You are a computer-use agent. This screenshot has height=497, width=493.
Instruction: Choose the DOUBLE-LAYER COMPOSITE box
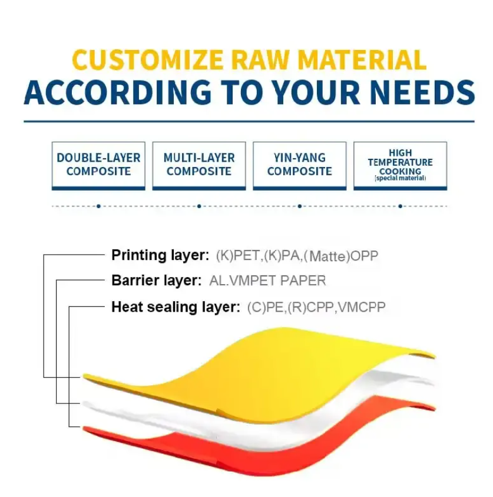[98, 165]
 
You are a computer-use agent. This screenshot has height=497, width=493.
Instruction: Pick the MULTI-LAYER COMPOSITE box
[199, 165]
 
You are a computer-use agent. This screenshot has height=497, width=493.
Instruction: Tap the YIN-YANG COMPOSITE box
[299, 165]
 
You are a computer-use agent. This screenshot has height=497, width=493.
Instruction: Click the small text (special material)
[400, 178]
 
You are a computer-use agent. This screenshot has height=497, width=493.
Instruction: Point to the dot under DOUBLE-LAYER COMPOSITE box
[98, 206]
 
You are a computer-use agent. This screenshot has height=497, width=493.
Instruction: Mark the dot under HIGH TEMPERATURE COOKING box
[401, 206]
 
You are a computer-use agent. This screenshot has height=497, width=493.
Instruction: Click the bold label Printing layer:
[160, 255]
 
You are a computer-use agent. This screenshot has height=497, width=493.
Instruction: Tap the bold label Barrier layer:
[155, 281]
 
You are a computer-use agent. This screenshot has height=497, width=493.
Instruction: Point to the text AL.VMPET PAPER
[267, 281]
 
